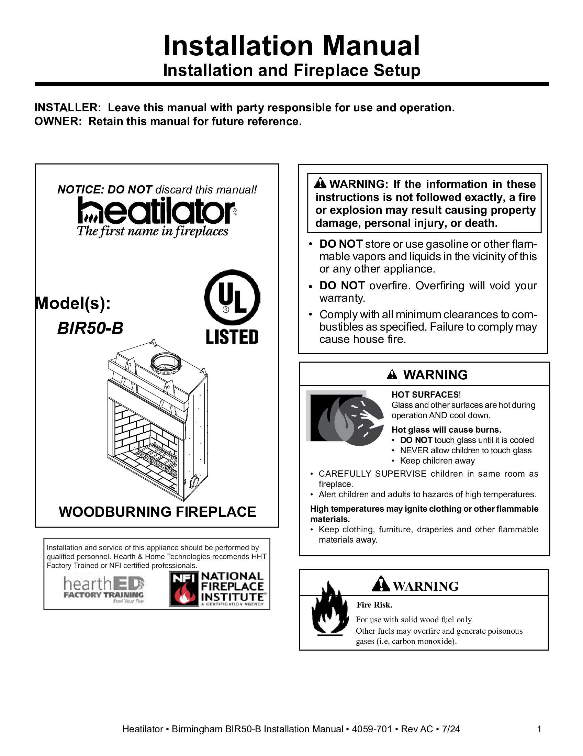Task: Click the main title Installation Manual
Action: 291,46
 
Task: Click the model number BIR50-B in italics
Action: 90,328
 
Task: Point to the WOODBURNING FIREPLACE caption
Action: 157,512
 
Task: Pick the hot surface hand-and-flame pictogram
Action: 345,418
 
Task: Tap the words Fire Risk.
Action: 374,605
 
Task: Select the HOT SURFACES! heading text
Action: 426,394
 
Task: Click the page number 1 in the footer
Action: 539,729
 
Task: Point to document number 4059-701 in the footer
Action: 372,729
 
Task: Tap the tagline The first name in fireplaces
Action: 152,231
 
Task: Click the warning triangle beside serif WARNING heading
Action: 381,585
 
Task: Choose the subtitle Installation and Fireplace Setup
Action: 291,70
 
